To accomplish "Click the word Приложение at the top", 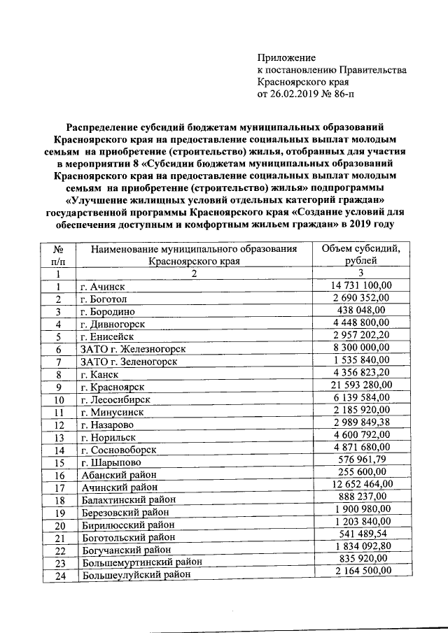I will pos(287,57).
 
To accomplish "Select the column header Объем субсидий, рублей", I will pos(360,255).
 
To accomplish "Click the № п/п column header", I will pos(59,255).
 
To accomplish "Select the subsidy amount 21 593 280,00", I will pos(360,386).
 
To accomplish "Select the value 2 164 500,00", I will pos(360,571).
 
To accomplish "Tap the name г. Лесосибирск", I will pos(113,399).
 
